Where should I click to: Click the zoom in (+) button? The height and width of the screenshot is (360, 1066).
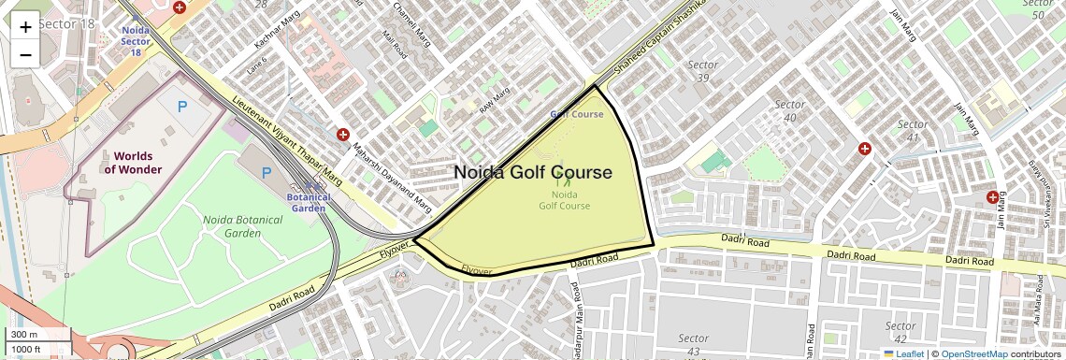(x=25, y=26)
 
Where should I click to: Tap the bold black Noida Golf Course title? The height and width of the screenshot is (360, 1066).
(x=533, y=173)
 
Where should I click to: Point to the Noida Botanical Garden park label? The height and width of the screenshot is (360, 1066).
(x=234, y=226)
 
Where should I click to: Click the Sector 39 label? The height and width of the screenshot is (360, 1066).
(x=702, y=71)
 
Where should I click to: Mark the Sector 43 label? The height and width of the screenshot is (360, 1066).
(x=693, y=344)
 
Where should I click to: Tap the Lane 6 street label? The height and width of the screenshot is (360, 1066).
(x=257, y=65)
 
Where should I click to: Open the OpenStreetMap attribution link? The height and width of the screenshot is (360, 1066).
(x=974, y=353)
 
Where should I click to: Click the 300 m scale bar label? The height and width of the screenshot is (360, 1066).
(x=24, y=335)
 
